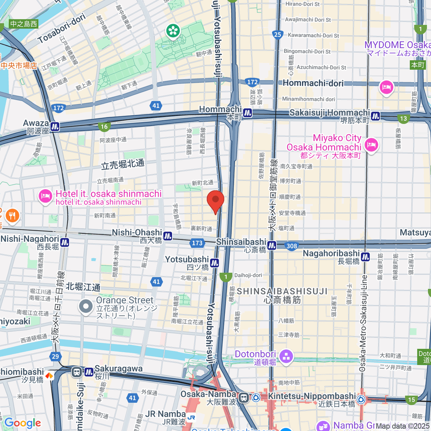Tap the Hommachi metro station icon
pyautogui.click(x=247, y=113)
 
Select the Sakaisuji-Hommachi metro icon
pyautogui.click(x=375, y=116)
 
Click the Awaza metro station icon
pyautogui.click(x=55, y=126)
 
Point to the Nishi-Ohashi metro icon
pyautogui.click(x=168, y=236)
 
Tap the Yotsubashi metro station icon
pyautogui.click(x=214, y=263)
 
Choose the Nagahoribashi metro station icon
pyautogui.click(x=365, y=257)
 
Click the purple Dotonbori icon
pyautogui.click(x=286, y=357)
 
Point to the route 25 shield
pyautogui.click(x=277, y=34)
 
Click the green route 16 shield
pyautogui.click(x=104, y=126)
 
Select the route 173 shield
pyautogui.click(x=197, y=243)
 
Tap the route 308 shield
pyautogui.click(x=292, y=246)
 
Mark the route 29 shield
pyautogui.click(x=55, y=357)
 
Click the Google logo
pyautogui.click(x=23, y=423)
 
